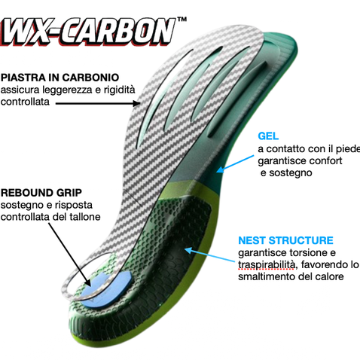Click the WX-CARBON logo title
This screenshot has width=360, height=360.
[88, 32]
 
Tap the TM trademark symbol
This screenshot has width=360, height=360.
[182, 20]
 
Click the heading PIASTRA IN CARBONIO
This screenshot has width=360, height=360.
[59, 78]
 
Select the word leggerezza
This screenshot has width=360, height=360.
[67, 90]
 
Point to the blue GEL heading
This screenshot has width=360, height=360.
[268, 136]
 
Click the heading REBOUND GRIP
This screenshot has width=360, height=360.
[41, 193]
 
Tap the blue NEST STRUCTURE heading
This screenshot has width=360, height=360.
[285, 240]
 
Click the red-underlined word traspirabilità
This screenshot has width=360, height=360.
[267, 265]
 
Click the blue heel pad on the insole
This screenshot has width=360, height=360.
[107, 286]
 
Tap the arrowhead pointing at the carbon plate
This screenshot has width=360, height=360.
[137, 103]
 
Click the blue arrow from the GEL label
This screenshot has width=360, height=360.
[235, 164]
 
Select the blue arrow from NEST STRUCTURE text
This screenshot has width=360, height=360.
[209, 255]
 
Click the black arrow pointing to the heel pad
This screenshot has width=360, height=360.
[69, 254]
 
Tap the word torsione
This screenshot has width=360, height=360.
[308, 252]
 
